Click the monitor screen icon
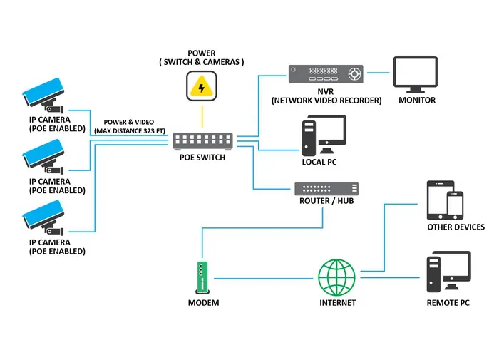click(x=417, y=75)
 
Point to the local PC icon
click(x=323, y=135)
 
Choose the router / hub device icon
click(x=327, y=189)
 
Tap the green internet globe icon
click(x=336, y=277)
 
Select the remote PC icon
click(x=448, y=272)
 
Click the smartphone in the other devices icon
click(x=454, y=205)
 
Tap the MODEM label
click(x=203, y=303)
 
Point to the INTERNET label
click(x=337, y=303)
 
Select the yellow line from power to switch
click(x=202, y=115)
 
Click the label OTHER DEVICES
click(x=456, y=227)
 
